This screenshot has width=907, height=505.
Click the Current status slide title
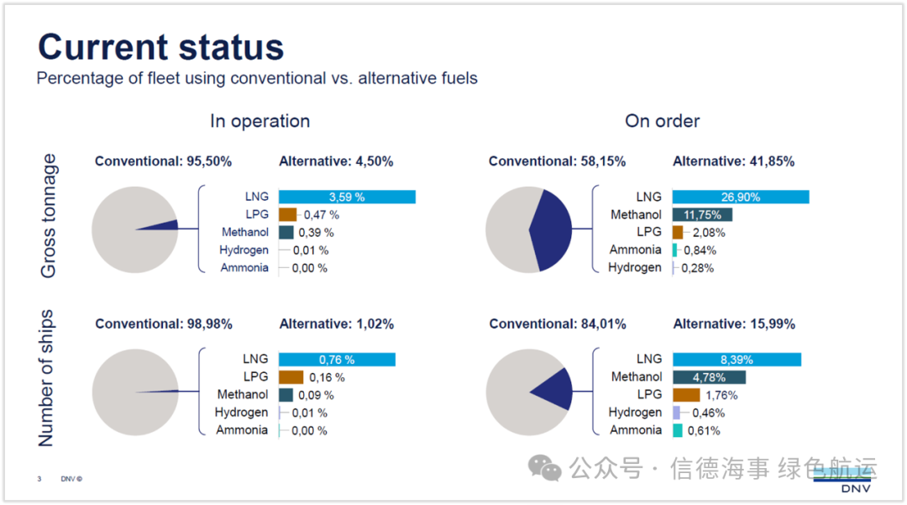pyautogui.click(x=160, y=47)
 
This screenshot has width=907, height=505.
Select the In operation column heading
pyautogui.click(x=260, y=121)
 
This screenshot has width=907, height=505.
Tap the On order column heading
pyautogui.click(x=662, y=121)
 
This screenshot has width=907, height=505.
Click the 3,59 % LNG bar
pyautogui.click(x=347, y=197)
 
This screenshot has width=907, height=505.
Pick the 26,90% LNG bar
pyautogui.click(x=740, y=197)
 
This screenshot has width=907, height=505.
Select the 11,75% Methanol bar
pyautogui.click(x=702, y=215)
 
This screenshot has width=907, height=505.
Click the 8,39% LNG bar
pyautogui.click(x=736, y=360)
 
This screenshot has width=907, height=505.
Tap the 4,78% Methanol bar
pyautogui.click(x=709, y=377)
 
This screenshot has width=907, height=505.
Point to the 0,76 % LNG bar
pyautogui.click(x=336, y=360)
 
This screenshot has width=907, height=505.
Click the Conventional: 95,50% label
pyautogui.click(x=163, y=161)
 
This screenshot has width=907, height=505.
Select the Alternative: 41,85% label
pyautogui.click(x=733, y=161)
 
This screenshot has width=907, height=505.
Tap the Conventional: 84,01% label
pyautogui.click(x=558, y=324)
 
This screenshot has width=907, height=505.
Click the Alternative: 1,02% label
pyautogui.click(x=336, y=324)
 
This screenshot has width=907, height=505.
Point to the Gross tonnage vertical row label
pyautogui.click(x=49, y=216)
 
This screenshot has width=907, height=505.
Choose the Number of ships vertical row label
pyautogui.click(x=46, y=378)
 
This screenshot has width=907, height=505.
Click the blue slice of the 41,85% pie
pyautogui.click(x=553, y=229)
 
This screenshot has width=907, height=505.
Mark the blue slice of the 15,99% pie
pyautogui.click(x=557, y=390)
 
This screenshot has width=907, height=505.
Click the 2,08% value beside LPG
pyautogui.click(x=709, y=233)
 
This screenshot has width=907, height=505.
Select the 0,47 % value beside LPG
pyautogui.click(x=322, y=215)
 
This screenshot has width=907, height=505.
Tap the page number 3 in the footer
pyautogui.click(x=39, y=479)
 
